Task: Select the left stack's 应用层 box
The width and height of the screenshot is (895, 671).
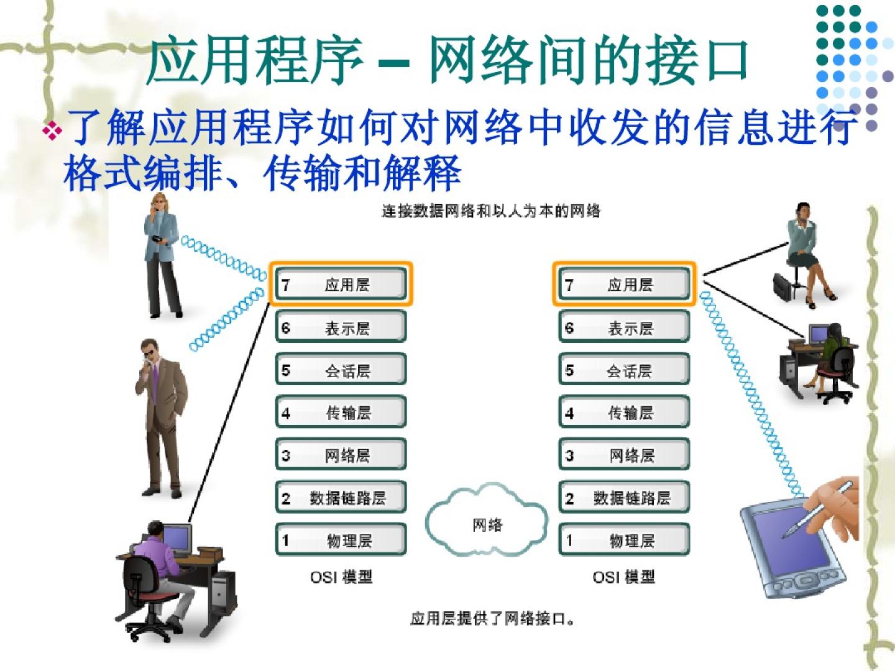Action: pos(341,284)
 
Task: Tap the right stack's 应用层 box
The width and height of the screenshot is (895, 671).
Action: pos(624,284)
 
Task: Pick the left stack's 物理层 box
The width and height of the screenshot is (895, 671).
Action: pos(341,540)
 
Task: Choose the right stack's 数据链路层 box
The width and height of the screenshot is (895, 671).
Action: pos(624,497)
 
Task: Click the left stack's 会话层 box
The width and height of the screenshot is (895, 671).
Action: pos(341,370)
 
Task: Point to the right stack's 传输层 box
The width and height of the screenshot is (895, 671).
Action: pos(624,412)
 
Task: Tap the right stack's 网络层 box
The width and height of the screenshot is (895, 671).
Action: pos(624,455)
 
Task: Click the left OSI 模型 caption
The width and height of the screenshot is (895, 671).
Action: pos(341,577)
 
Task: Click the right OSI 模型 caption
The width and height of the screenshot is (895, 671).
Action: pos(623,577)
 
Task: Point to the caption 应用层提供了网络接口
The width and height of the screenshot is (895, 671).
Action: pos(492,619)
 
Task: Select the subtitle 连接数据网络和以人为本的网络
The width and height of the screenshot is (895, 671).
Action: pos(491,211)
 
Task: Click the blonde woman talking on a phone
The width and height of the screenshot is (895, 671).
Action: pos(162,255)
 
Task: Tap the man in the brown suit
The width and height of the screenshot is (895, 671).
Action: pos(161,416)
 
